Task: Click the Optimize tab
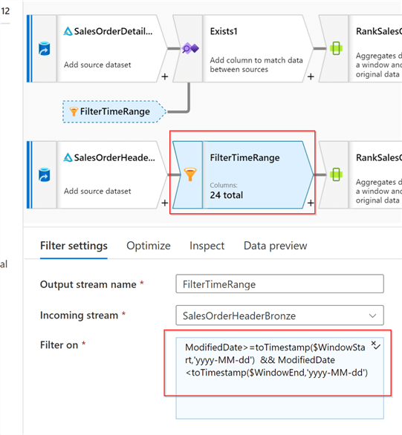149,246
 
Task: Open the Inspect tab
207,246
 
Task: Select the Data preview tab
276,246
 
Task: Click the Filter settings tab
74,246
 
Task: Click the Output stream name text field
279,284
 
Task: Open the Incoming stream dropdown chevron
372,315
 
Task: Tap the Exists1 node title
224,31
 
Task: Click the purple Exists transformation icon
190,48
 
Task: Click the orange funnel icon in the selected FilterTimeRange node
190,174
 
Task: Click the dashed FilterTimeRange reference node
114,111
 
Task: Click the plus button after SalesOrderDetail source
165,76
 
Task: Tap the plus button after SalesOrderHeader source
165,203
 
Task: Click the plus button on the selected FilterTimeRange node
311,203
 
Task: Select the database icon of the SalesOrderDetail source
45,48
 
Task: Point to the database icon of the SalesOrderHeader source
45,174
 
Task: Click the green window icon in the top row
336,48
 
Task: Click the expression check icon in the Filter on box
376,345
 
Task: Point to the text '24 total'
227,195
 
